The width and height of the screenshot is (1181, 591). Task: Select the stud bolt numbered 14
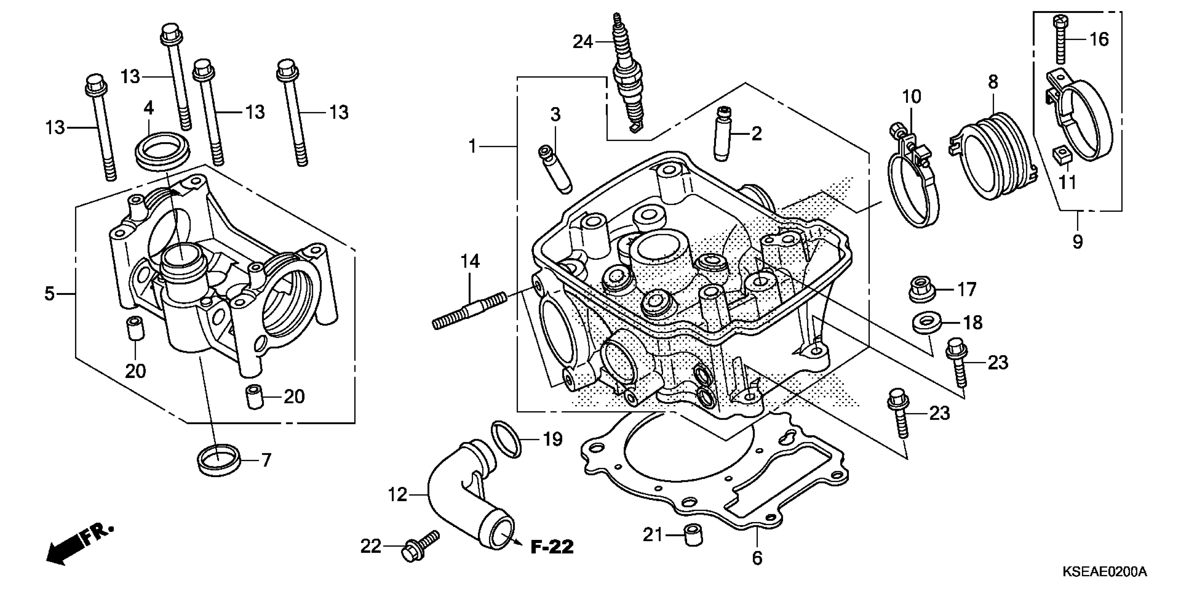(x=470, y=310)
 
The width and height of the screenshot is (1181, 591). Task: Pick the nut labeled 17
(x=922, y=290)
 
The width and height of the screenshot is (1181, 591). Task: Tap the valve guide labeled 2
(x=722, y=133)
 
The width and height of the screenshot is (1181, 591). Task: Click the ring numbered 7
(x=219, y=460)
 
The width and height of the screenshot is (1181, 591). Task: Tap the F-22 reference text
(x=552, y=547)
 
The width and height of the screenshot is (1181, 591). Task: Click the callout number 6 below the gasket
(x=757, y=558)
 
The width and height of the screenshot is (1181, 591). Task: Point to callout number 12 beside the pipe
(x=397, y=495)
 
